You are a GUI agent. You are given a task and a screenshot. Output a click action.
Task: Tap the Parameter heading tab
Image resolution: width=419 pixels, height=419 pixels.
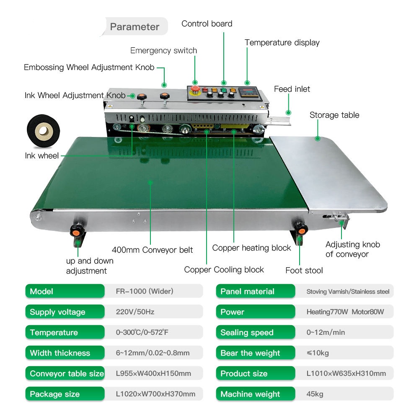pos(134,27)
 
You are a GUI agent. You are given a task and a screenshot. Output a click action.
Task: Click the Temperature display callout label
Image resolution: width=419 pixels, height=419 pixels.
pos(282,42)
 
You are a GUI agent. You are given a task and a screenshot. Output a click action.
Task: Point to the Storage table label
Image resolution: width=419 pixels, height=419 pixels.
pos(334,115)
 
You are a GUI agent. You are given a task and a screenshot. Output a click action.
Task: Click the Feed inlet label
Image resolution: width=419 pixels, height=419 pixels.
pos(292,89)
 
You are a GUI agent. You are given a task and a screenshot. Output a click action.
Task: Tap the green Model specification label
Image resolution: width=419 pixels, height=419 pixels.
pos(65,291)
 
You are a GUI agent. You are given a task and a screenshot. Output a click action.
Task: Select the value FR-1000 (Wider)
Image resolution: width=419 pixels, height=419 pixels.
pos(145,291)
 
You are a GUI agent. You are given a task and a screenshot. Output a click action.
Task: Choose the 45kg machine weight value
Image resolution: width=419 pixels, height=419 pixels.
pos(315,394)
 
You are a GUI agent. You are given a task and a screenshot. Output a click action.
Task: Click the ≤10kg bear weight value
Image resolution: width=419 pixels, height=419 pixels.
pos(318,353)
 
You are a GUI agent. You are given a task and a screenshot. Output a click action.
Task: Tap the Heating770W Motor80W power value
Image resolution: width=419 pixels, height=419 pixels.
pos(345,312)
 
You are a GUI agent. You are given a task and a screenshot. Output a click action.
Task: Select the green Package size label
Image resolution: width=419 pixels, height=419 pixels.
pos(65,394)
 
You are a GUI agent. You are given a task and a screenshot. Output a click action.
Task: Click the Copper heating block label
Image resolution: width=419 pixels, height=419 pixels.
pos(251,248)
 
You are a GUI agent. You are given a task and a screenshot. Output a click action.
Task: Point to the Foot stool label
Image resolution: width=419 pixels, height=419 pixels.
pos(304,270)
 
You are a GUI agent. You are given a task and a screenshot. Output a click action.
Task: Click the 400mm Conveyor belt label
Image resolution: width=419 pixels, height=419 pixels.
pos(153,250)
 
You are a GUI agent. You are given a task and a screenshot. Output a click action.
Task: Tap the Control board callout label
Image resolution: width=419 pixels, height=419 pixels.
pos(207,23)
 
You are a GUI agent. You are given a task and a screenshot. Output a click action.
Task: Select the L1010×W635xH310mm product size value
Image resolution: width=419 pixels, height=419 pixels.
pos(346,373)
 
